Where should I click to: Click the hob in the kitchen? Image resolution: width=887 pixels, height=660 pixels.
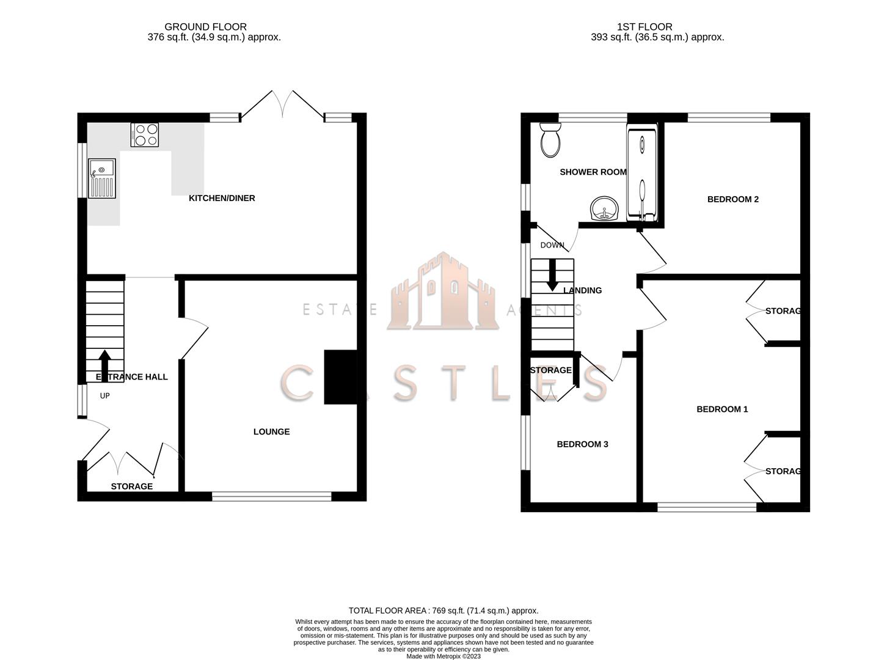click(x=145, y=134)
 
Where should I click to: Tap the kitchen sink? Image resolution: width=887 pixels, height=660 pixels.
click(x=102, y=178)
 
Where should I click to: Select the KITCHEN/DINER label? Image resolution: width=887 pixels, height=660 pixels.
click(x=222, y=198)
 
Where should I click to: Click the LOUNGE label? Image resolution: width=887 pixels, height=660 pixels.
click(x=271, y=431)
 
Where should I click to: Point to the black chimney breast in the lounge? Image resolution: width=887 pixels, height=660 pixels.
click(x=340, y=376)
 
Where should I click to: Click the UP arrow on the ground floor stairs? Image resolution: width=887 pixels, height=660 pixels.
click(x=104, y=365)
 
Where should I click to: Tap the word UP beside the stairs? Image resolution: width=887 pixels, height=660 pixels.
click(x=104, y=395)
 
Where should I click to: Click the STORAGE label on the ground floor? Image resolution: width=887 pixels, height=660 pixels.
click(x=132, y=486)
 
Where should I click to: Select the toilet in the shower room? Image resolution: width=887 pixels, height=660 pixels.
click(x=550, y=139)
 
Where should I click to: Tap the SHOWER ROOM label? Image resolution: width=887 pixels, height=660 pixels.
click(x=593, y=172)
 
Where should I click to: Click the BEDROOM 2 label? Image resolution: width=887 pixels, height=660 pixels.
click(x=732, y=199)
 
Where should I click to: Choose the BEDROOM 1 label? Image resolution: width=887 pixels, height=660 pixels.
click(x=722, y=409)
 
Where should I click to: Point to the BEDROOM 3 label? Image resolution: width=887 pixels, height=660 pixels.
click(x=582, y=444)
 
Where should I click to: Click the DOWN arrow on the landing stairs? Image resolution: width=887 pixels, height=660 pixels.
click(x=552, y=275)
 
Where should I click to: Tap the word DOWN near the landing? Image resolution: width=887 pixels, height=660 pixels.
click(x=552, y=245)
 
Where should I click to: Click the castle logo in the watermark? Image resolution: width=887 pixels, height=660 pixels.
click(x=442, y=292)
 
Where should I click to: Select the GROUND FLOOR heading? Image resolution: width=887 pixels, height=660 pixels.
click(x=205, y=27)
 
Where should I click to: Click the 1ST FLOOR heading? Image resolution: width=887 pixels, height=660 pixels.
click(x=644, y=27)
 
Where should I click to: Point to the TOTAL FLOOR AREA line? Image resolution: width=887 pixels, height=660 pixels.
click(x=443, y=610)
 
